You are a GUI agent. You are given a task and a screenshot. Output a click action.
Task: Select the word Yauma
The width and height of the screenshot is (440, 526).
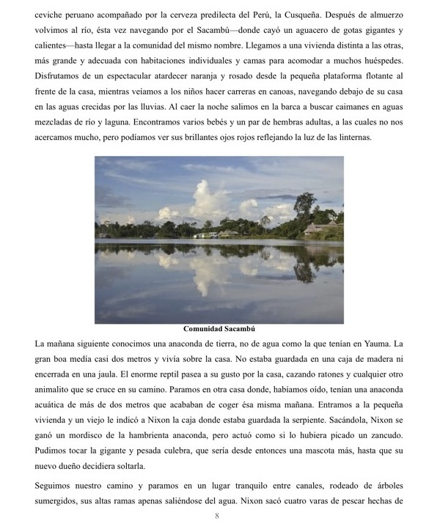pos(377,343)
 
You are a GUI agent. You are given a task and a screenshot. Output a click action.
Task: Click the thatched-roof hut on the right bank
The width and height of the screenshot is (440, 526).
pos(317,228)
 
